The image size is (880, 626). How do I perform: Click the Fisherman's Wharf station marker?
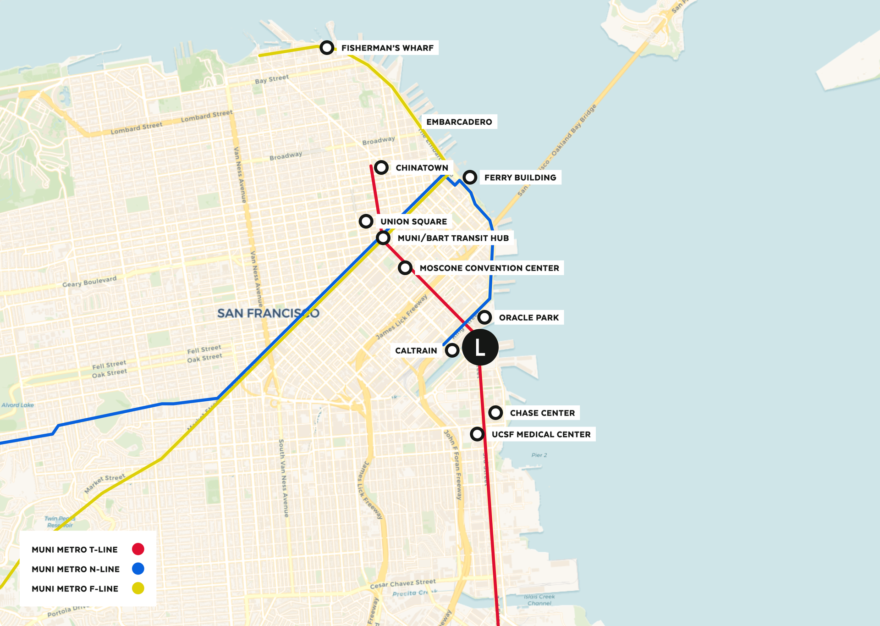[327, 47]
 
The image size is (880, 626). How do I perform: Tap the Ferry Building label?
[520, 177]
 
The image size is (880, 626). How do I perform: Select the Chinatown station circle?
[381, 167]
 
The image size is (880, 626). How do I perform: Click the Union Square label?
[413, 222]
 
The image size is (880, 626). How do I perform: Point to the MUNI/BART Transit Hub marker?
[383, 238]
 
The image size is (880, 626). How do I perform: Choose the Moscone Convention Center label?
[489, 268]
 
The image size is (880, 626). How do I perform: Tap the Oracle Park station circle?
[484, 317]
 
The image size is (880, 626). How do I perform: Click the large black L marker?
[480, 347]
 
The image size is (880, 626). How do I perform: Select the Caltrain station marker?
[452, 350]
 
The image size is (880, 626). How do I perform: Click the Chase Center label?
[542, 413]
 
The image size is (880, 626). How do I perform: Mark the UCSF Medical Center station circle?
[477, 434]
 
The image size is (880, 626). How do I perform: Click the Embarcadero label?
[459, 122]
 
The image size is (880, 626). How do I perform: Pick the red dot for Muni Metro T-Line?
[138, 549]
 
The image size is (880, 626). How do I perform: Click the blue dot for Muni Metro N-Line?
[138, 569]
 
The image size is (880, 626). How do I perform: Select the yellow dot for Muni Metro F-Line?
[138, 588]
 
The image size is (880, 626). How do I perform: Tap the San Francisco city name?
[268, 313]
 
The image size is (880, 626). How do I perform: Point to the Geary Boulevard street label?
[89, 281]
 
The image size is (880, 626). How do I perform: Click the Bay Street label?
[272, 79]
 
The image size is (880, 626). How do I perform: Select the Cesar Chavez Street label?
[403, 583]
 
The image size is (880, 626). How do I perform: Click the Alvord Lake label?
[17, 405]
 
